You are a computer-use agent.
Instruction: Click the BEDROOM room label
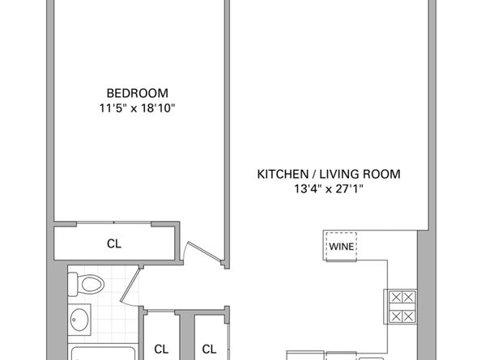click(137, 93)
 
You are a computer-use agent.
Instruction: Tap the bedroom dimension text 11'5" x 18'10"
click(137, 108)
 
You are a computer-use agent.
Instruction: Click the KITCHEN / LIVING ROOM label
click(329, 174)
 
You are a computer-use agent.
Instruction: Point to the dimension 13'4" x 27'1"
click(329, 188)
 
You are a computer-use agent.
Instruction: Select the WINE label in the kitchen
click(342, 246)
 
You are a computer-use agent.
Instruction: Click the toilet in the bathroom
click(86, 285)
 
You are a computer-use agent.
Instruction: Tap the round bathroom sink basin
click(79, 320)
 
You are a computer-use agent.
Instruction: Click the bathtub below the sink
click(103, 353)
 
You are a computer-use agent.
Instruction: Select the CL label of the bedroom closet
click(114, 244)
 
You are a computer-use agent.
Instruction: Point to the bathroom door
click(130, 284)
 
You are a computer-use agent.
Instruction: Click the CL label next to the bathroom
click(161, 349)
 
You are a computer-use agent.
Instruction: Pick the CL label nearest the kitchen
click(209, 349)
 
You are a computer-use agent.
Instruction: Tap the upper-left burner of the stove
click(396, 297)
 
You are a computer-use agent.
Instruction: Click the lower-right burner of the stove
click(409, 316)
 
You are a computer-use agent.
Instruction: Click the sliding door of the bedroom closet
click(114, 222)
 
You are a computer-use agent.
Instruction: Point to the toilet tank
click(72, 285)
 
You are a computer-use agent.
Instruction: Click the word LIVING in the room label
click(339, 174)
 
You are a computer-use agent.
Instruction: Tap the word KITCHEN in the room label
click(283, 174)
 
